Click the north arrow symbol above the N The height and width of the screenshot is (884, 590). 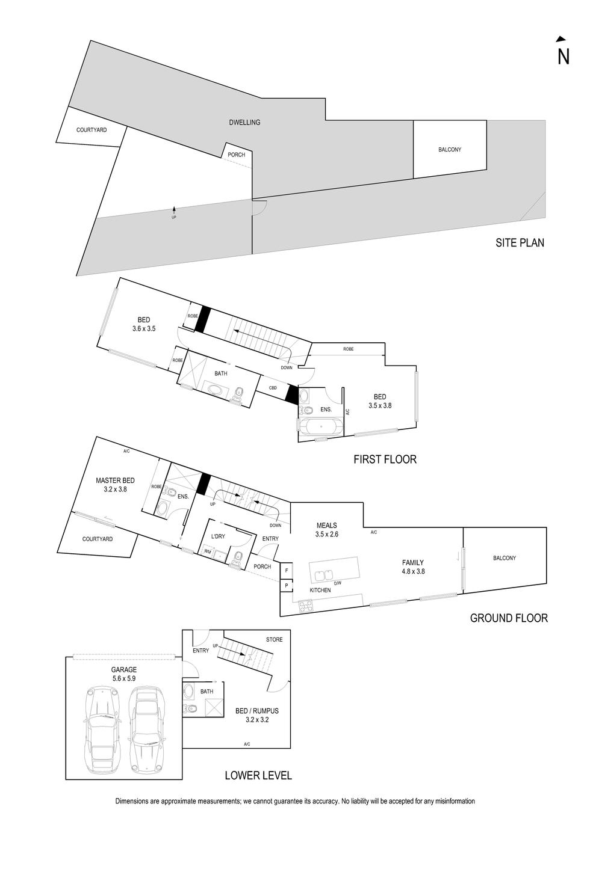pyautogui.click(x=561, y=39)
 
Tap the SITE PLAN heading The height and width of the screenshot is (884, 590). pyautogui.click(x=520, y=243)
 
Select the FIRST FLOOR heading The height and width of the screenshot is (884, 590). pyautogui.click(x=385, y=459)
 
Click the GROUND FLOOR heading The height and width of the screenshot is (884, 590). pyautogui.click(x=509, y=618)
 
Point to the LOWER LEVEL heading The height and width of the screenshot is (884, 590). pyautogui.click(x=258, y=775)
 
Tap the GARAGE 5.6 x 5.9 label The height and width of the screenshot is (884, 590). pyautogui.click(x=124, y=674)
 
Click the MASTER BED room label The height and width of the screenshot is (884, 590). pyautogui.click(x=115, y=485)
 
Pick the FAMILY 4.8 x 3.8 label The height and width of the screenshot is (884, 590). pyautogui.click(x=414, y=567)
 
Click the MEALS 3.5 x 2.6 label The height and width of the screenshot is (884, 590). pyautogui.click(x=327, y=529)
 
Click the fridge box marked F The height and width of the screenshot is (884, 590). pyautogui.click(x=287, y=570)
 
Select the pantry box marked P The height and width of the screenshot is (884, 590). pyautogui.click(x=287, y=585)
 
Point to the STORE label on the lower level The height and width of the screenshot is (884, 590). pyautogui.click(x=274, y=639)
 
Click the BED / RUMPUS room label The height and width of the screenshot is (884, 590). pyautogui.click(x=257, y=714)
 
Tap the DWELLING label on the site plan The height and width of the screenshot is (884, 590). pyautogui.click(x=244, y=123)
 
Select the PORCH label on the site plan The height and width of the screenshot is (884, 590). pyautogui.click(x=237, y=155)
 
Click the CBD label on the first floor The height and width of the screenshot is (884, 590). pyautogui.click(x=273, y=388)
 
